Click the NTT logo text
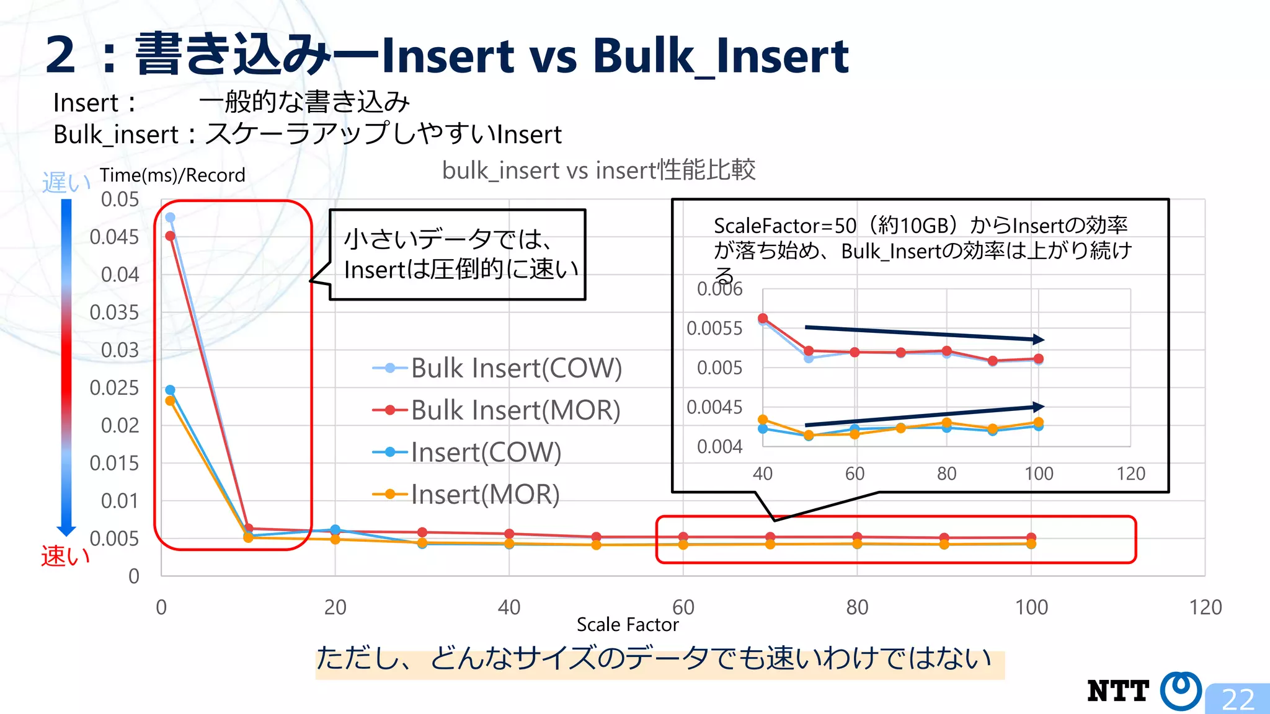coord(1118,691)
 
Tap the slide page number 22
coord(1238,700)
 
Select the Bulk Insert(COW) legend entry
coord(497,368)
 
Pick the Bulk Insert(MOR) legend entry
coord(497,410)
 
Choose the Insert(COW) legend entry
coord(467,452)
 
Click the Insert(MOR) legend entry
coord(466,495)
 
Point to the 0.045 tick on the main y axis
coord(114,237)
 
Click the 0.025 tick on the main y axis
coord(114,388)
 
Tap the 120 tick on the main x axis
coord(1205,607)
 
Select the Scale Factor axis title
coord(628,625)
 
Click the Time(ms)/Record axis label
coord(172,175)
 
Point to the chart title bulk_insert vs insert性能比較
coord(598,170)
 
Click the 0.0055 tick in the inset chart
coord(714,328)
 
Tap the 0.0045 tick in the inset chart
coord(714,407)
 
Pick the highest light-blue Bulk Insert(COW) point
coord(170,218)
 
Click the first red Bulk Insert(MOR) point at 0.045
coord(170,236)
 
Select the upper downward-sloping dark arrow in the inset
coord(924,333)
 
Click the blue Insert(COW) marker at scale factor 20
coord(335,530)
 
